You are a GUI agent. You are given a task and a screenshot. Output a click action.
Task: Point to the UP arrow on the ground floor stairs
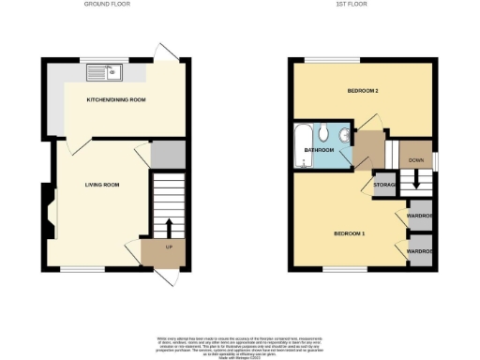pyautogui.click(x=169, y=228)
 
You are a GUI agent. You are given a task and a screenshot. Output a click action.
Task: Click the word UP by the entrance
pyautogui.click(x=169, y=247)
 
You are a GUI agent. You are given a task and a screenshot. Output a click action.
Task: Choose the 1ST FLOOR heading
pyautogui.click(x=352, y=6)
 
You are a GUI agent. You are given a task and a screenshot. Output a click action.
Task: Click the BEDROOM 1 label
pyautogui.click(x=350, y=232)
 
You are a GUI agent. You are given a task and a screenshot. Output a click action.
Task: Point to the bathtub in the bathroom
pyautogui.click(x=302, y=146)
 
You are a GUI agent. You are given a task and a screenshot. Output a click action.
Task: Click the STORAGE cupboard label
pyautogui.click(x=385, y=185)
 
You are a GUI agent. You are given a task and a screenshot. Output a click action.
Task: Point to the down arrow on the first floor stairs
pyautogui.click(x=415, y=182)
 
